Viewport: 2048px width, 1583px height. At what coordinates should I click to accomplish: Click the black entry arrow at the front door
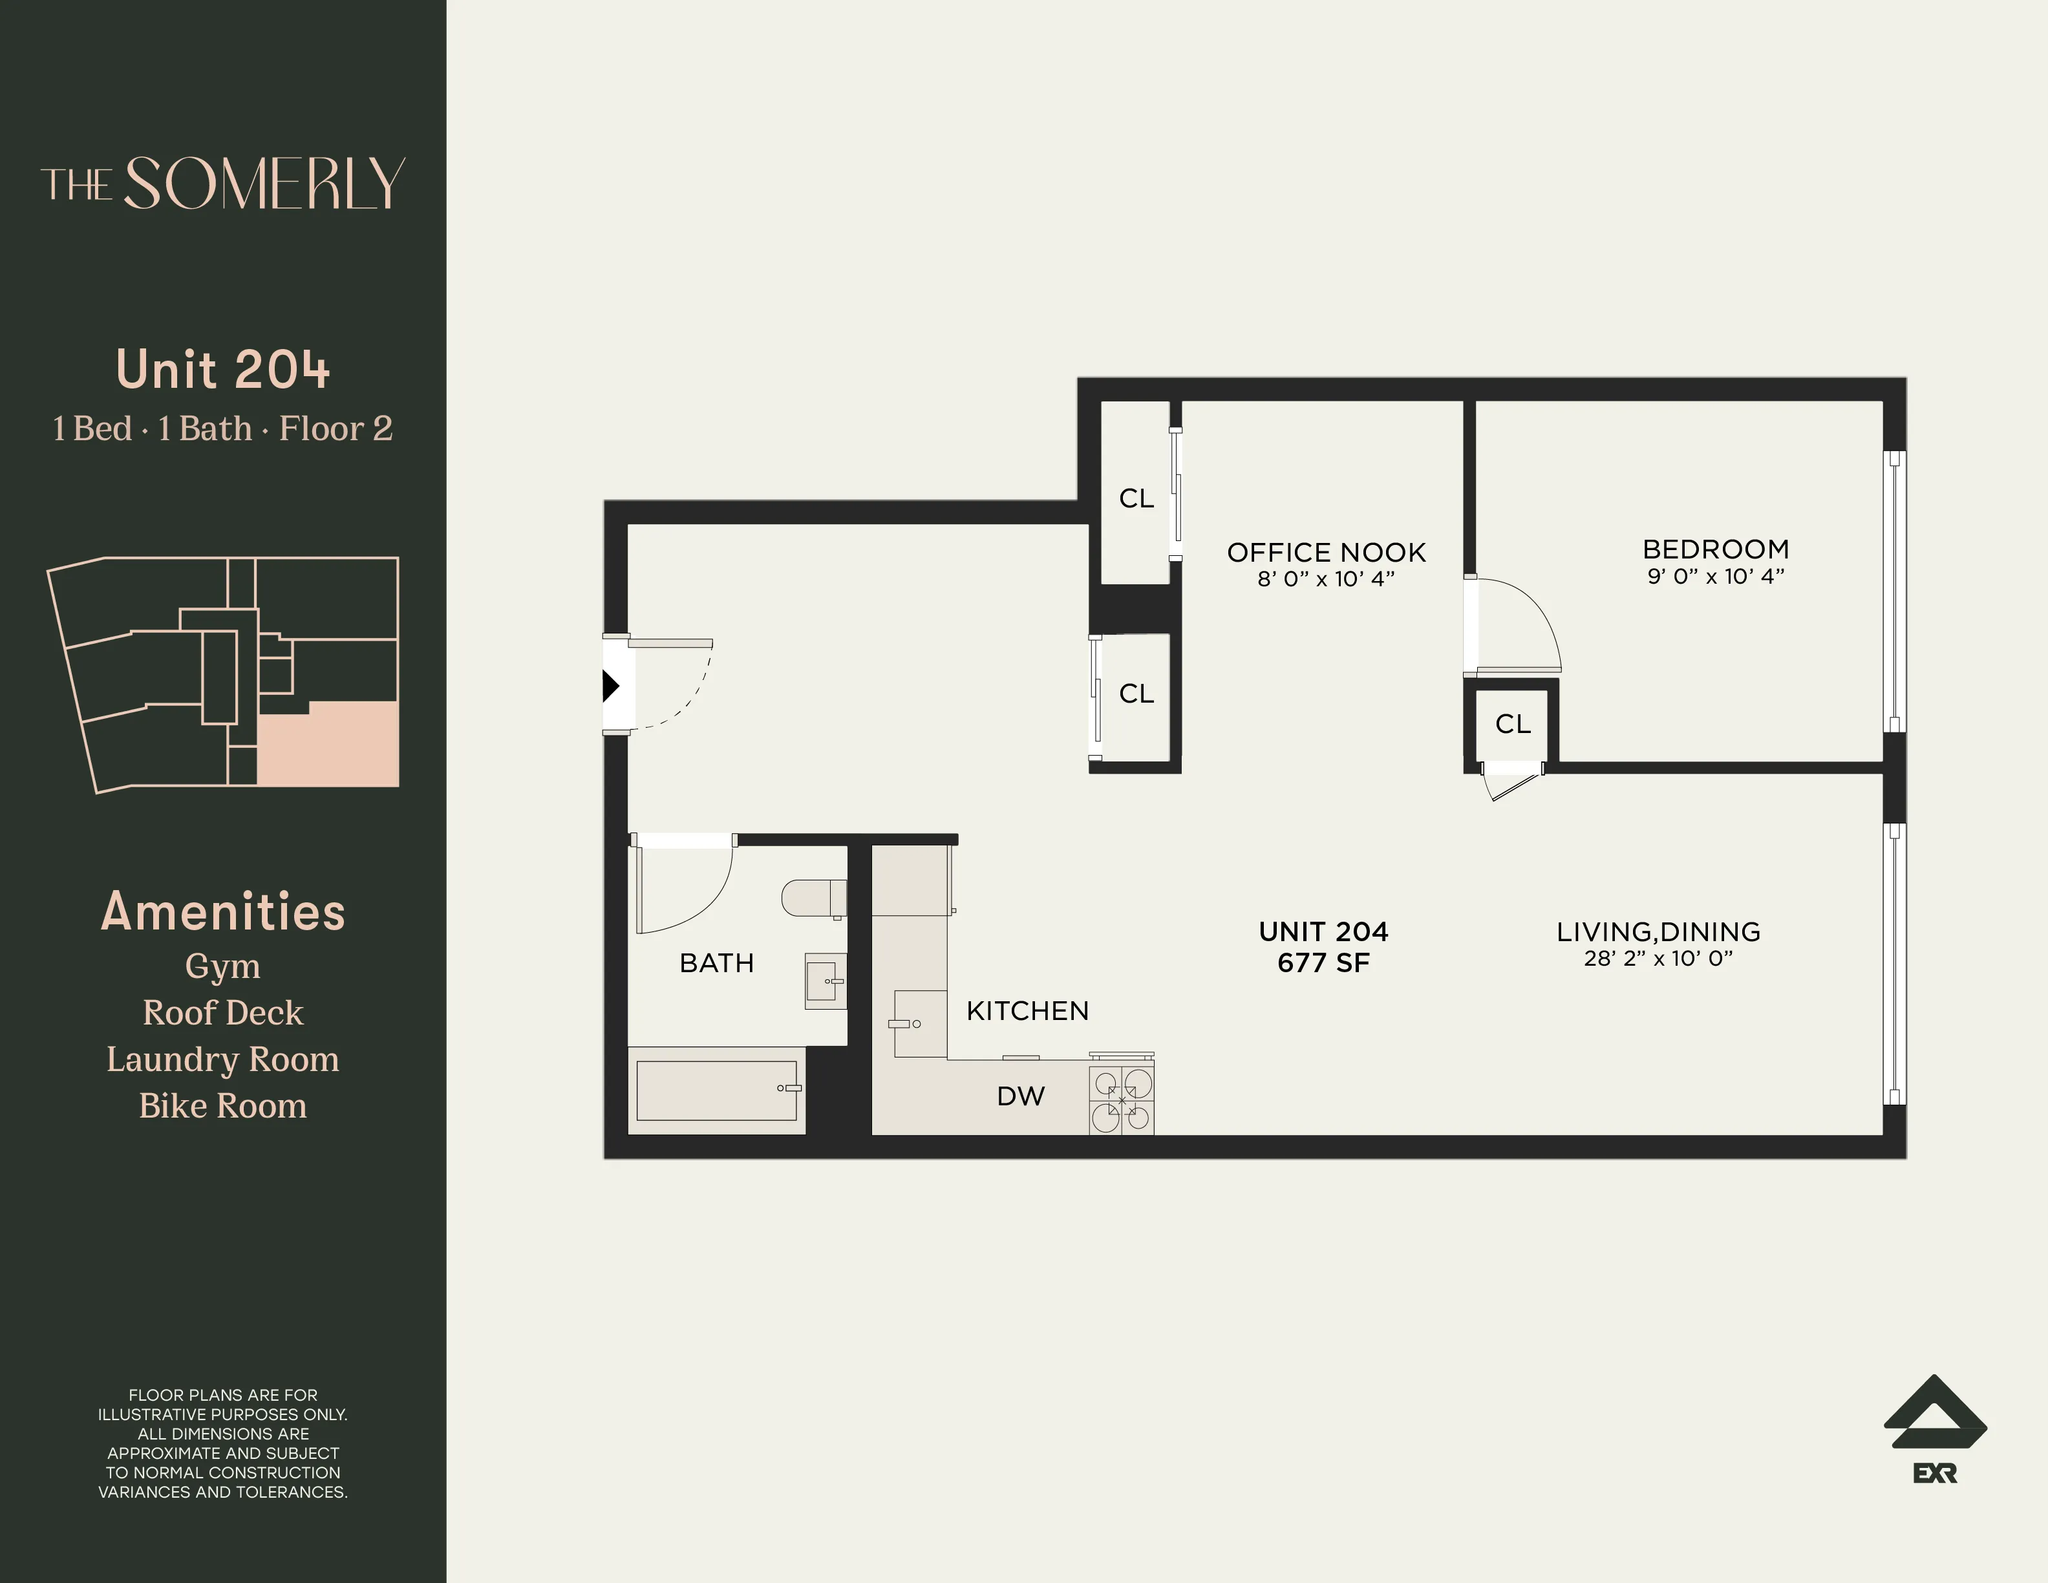point(610,686)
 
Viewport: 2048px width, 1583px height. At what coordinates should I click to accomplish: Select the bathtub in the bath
point(716,1090)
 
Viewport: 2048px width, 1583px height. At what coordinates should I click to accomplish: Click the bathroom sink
point(824,981)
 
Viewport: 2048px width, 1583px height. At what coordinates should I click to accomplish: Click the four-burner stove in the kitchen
point(1122,1101)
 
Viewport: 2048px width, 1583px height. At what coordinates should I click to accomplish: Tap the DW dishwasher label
point(1020,1096)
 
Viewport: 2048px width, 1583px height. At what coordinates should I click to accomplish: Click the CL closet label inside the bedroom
point(1513,724)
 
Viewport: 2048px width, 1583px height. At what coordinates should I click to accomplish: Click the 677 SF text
point(1323,963)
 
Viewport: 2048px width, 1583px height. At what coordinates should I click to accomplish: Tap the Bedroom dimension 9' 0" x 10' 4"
point(1715,577)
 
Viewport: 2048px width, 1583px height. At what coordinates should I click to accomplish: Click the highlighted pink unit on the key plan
point(328,745)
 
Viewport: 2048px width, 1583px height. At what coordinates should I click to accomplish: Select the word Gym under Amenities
point(222,966)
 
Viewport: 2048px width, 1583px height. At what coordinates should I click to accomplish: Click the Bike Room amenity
point(222,1107)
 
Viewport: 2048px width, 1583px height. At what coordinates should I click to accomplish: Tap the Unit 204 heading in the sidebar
point(222,370)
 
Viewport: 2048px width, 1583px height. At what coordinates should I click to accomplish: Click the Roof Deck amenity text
point(222,1013)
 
